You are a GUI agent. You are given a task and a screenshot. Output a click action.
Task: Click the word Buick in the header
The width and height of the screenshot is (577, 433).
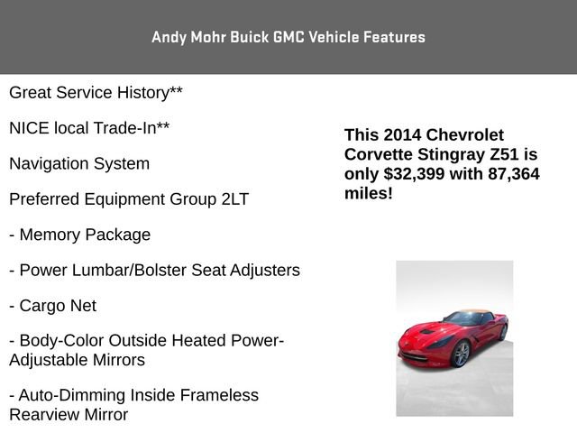(x=246, y=37)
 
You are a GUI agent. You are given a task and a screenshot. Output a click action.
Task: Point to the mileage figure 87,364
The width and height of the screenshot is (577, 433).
(x=508, y=174)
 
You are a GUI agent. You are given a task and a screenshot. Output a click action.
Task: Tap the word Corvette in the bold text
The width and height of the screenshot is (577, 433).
(x=380, y=154)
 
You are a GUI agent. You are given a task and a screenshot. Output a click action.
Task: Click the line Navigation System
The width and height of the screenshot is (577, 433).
(x=79, y=164)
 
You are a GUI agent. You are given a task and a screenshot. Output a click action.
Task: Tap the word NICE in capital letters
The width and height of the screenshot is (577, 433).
(x=30, y=128)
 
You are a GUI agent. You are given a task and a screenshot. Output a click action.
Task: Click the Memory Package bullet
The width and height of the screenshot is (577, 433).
(x=79, y=235)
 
